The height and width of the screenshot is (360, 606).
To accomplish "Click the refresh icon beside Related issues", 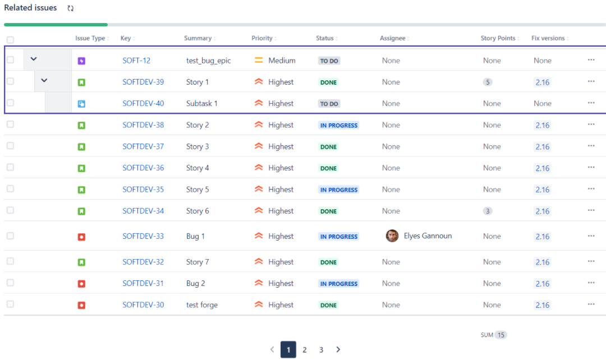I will (71, 8).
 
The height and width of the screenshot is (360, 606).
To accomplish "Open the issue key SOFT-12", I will (136, 61).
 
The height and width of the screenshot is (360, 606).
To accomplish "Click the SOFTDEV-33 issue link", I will (143, 236).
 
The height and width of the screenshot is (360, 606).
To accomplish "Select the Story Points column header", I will (498, 38).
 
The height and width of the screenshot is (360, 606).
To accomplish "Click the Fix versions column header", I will (548, 38).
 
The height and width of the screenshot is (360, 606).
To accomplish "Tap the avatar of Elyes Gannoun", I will (392, 236).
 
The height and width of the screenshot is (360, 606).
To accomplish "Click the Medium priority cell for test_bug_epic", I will (274, 61).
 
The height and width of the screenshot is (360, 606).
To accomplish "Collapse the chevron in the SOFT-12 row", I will (34, 59).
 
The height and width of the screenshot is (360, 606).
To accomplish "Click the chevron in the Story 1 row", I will (44, 81).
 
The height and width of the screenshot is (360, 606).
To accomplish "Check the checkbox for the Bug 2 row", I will (10, 283).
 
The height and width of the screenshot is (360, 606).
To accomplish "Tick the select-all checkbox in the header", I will (10, 40).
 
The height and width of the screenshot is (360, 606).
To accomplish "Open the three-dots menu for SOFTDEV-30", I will (591, 304).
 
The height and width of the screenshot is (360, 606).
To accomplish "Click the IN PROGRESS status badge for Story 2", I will (338, 126).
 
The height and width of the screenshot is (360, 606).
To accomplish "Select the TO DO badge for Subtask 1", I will (329, 104).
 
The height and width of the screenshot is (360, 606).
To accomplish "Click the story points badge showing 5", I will (488, 82).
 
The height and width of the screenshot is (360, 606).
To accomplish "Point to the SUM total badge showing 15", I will (501, 335).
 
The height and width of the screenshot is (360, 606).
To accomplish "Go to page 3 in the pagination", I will (321, 350).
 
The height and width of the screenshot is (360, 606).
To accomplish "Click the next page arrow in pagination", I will (338, 350).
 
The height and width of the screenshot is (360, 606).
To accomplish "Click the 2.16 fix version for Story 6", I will (542, 211).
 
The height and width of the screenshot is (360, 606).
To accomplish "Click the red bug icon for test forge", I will (81, 305).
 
